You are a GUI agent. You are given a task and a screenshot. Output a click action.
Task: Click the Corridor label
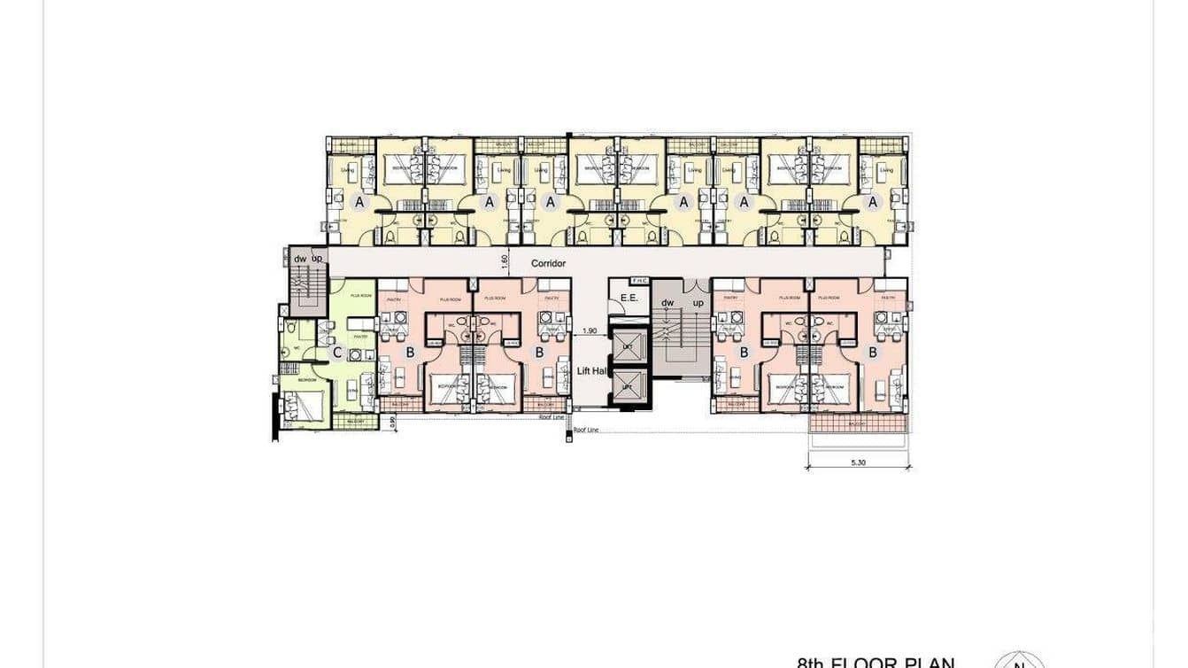pyautogui.click(x=548, y=263)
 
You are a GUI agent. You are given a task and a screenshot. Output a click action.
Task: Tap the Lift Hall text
pyautogui.click(x=590, y=371)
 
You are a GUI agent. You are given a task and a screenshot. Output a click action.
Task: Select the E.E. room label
pyautogui.click(x=629, y=299)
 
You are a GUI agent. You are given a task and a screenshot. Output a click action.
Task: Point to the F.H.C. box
pyautogui.click(x=639, y=282)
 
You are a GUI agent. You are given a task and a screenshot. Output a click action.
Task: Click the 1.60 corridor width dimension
pyautogui.click(x=504, y=262)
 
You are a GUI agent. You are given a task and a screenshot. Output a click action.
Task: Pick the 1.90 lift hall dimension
pyautogui.click(x=590, y=331)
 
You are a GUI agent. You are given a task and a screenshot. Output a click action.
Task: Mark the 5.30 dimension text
pyautogui.click(x=857, y=462)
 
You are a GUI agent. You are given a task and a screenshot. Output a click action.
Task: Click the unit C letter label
pyautogui.click(x=337, y=353)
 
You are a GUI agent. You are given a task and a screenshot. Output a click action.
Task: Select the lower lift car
pyautogui.click(x=628, y=387)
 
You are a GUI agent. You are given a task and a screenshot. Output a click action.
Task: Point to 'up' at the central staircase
pyautogui.click(x=698, y=302)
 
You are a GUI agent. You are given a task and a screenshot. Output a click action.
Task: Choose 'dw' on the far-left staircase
pyautogui.click(x=300, y=258)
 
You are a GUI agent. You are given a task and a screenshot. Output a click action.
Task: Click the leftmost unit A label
pyautogui.click(x=359, y=202)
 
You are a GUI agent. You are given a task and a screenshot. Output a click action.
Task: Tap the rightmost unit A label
pyautogui.click(x=873, y=202)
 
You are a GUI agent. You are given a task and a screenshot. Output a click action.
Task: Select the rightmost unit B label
pyautogui.click(x=873, y=353)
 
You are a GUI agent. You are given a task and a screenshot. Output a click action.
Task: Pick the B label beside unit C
pyautogui.click(x=410, y=353)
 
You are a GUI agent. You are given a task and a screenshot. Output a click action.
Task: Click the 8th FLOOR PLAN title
pyautogui.click(x=876, y=662)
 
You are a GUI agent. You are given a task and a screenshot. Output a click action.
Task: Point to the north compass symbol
pyautogui.click(x=1019, y=661)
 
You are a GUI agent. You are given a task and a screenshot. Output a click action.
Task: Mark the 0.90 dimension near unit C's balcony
pyautogui.click(x=392, y=423)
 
